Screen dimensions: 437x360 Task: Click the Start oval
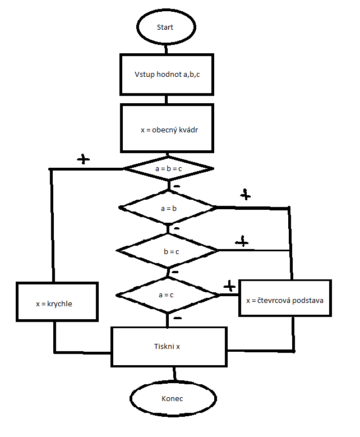[x=165, y=27]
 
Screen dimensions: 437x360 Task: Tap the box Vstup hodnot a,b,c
[x=167, y=75]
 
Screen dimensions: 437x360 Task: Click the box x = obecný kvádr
[x=167, y=128]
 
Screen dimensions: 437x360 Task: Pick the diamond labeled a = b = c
[x=169, y=168]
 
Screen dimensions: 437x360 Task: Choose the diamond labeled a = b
[x=168, y=208]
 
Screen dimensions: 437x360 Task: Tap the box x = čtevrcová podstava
[x=284, y=300]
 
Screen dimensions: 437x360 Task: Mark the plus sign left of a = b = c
[x=84, y=159]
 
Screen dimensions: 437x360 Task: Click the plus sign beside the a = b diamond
[x=245, y=195]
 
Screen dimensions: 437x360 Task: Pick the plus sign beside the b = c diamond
[x=242, y=242]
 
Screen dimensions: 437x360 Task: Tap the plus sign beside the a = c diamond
[x=229, y=287]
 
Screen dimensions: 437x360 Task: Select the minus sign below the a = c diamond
[x=178, y=318]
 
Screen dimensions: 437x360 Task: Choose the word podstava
[x=308, y=300]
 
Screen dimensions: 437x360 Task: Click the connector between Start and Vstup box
[x=165, y=49]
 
